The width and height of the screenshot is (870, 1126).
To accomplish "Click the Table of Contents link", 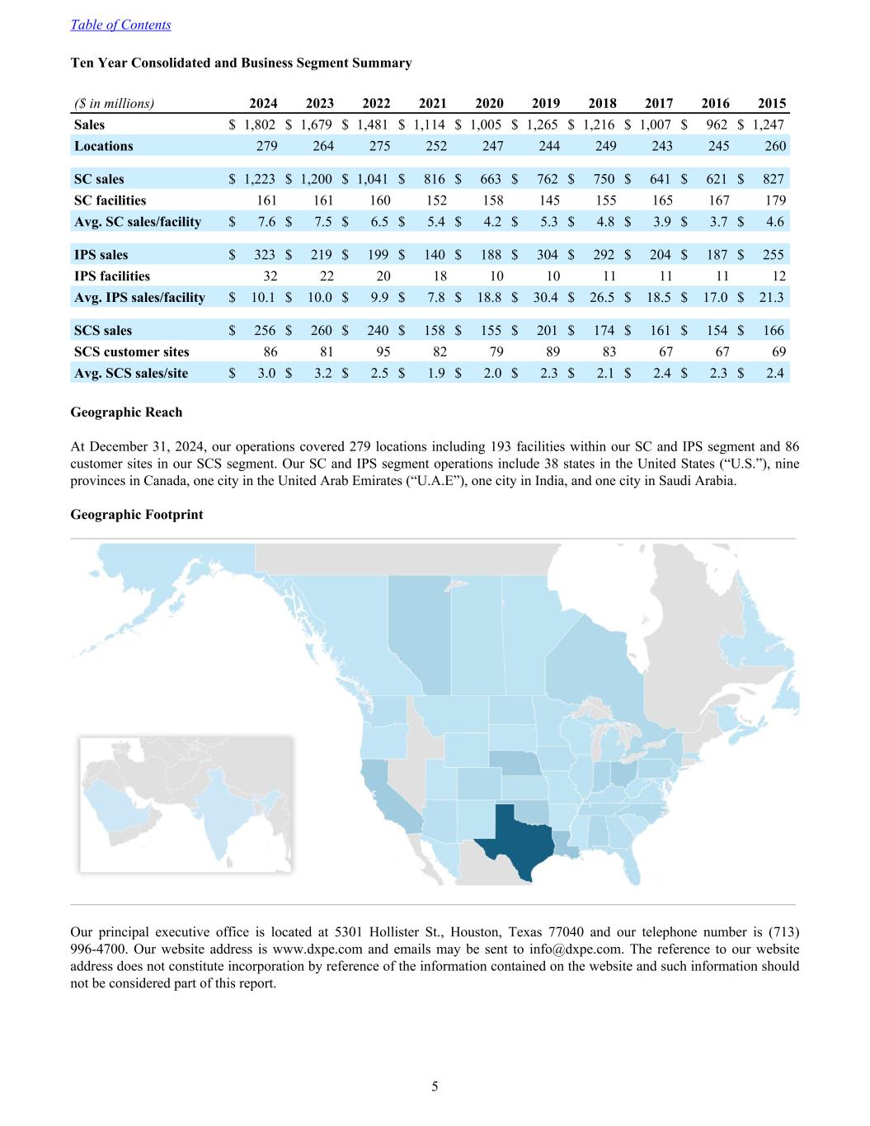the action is point(120,25).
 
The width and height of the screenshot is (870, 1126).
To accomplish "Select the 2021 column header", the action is point(432,103).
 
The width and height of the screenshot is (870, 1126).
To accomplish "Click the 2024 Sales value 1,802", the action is point(260,125).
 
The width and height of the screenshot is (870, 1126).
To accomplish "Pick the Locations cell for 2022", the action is point(379,146).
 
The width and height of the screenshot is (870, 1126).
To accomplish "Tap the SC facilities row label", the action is point(110,200).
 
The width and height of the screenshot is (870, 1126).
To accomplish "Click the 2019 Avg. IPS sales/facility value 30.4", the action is point(547,297).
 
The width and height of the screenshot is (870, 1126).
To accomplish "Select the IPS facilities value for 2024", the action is point(270,276).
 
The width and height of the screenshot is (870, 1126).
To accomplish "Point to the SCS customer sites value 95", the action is point(383,351).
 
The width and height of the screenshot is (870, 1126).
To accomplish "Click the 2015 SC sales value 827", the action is point(774,179).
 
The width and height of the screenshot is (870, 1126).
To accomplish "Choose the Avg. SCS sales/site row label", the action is point(131,373).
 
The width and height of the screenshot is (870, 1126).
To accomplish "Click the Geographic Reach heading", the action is point(126,412).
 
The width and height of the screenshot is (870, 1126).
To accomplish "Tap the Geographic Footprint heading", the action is point(137,514).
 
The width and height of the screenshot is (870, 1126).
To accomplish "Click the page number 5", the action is point(435,1086).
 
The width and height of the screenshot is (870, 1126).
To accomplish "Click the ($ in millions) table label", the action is point(114,103).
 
